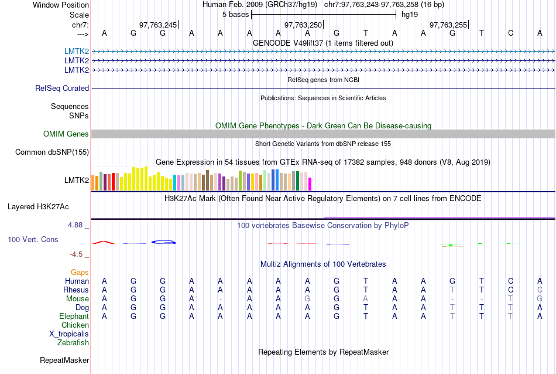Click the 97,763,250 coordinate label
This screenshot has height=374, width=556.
(x=303, y=25)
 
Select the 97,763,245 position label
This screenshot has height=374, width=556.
(x=157, y=25)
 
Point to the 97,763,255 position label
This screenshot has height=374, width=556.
(x=448, y=25)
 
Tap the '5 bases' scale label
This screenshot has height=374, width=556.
(x=235, y=15)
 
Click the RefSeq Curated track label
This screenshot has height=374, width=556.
(x=62, y=89)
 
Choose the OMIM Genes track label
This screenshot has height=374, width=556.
(x=66, y=134)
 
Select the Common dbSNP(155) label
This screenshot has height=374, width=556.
(x=52, y=152)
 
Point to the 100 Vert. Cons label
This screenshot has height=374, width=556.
(x=33, y=240)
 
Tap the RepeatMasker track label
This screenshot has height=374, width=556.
(x=64, y=360)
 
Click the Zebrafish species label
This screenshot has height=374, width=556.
(x=73, y=343)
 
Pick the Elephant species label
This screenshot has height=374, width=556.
(x=74, y=317)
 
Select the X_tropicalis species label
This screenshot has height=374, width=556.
(x=69, y=334)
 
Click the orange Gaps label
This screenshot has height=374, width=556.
(x=80, y=273)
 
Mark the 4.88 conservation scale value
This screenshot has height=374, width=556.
(x=78, y=225)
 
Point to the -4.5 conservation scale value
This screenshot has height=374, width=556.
(x=78, y=254)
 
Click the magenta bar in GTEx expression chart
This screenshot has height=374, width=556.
(x=310, y=183)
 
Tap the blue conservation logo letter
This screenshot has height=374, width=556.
(x=163, y=242)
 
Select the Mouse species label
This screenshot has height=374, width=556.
(x=77, y=299)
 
